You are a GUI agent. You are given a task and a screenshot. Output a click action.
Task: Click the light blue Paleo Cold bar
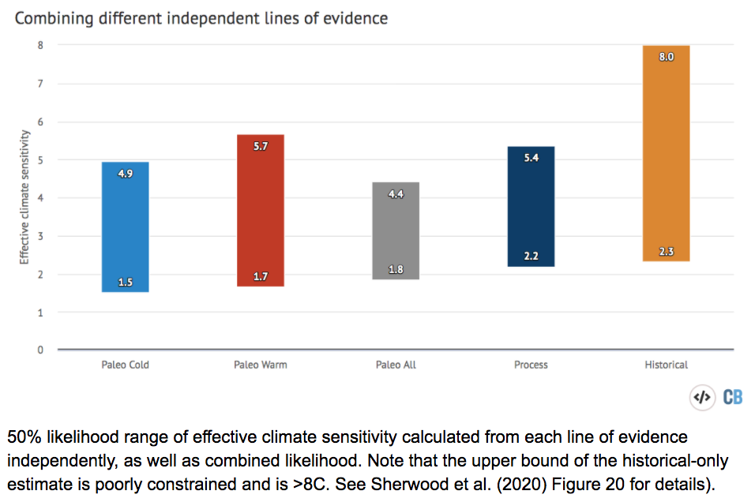coord(126,227)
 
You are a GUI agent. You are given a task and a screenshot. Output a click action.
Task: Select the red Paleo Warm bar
coord(260,211)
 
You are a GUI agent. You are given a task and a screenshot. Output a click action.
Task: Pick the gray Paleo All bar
coord(396,230)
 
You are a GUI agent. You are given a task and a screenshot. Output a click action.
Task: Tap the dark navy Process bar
coord(531,206)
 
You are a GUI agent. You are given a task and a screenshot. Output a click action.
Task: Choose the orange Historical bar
coord(666,153)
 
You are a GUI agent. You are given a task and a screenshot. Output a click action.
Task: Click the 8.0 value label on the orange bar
coord(666,57)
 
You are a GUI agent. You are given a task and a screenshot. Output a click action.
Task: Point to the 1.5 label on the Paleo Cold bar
coord(126,282)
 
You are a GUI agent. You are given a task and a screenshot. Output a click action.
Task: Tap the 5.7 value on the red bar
coord(261,146)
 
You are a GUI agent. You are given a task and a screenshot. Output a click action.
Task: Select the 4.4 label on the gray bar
coord(396,194)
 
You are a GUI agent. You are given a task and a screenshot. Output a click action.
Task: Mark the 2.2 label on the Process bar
coord(531,257)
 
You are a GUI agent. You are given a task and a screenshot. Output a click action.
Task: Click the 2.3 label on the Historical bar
coord(666,252)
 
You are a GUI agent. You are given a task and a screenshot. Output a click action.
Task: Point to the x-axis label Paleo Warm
coord(261,365)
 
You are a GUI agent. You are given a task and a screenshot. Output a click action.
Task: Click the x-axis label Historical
coord(666,365)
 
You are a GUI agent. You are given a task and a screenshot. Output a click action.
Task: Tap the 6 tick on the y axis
coord(40,122)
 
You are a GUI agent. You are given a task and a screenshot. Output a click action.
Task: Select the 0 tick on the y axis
coord(40,350)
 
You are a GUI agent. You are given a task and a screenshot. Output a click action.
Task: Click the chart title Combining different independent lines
coord(201,17)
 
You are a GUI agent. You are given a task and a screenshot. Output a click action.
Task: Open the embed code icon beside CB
coord(702,397)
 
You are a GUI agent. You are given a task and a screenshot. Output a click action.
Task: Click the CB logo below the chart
coord(732,397)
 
